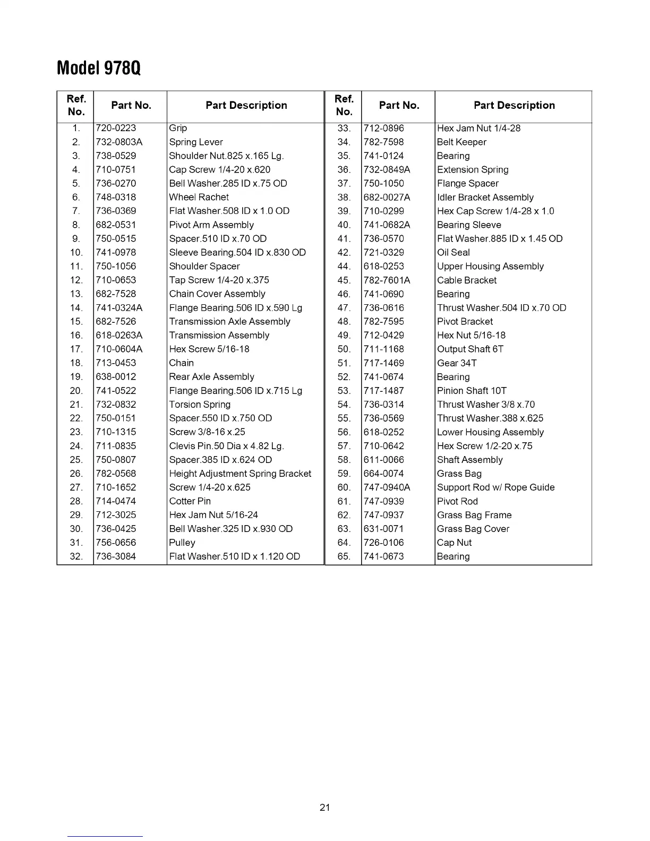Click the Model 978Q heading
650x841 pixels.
pos(99,68)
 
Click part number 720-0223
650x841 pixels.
pos(116,128)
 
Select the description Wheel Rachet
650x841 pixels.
pos(199,197)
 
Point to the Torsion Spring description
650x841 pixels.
pos(200,404)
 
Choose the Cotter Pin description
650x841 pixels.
pos(190,501)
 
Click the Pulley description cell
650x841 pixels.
pos(182,542)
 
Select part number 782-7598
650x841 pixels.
pos(383,142)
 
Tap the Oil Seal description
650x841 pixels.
pos(453,252)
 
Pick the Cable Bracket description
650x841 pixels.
pos(467,280)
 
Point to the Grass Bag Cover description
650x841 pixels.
pos(473,528)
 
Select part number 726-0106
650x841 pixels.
pos(383,542)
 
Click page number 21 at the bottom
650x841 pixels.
pos(325,807)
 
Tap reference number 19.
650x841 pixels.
pos(76,376)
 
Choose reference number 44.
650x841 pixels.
pos(344,266)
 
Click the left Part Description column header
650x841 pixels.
pos(246,105)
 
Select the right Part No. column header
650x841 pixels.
pos(399,105)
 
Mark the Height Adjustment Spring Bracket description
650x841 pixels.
pos(240,473)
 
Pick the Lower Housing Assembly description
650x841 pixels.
pos(490,432)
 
